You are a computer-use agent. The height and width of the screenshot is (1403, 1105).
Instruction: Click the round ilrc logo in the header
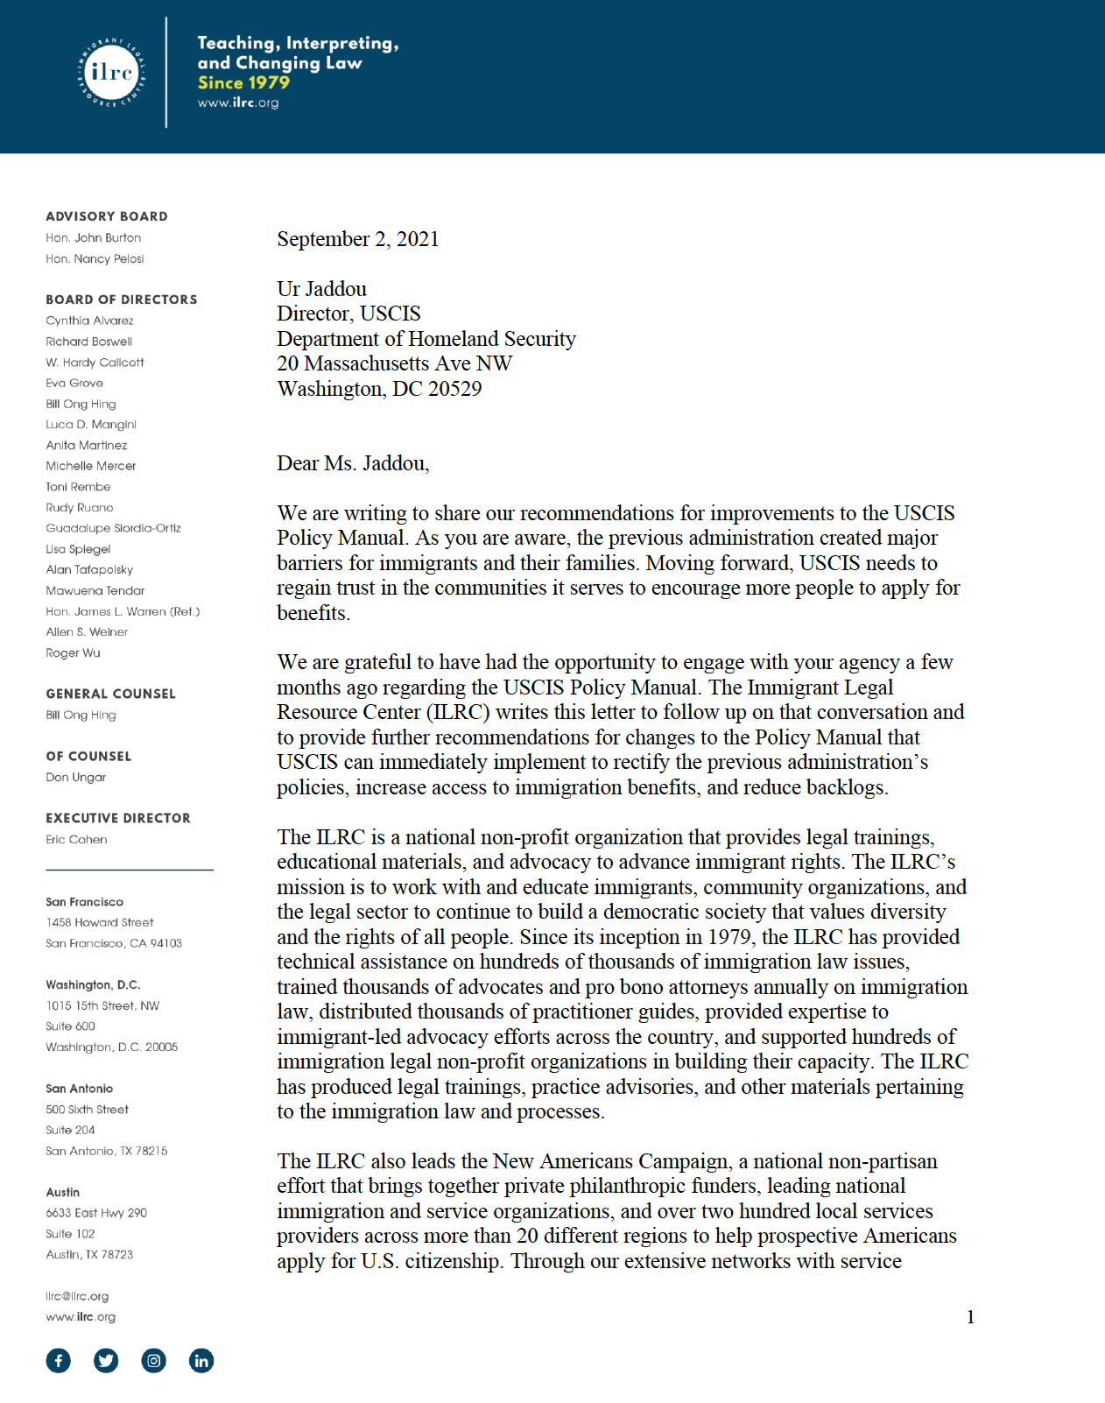pos(111,73)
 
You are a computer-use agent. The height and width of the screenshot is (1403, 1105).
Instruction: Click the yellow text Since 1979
pos(243,82)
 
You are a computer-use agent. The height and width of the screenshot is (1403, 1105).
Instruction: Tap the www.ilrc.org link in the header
pos(237,102)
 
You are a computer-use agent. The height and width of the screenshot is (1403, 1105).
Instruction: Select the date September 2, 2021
pos(357,239)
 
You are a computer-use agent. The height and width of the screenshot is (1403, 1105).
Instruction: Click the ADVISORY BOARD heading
pos(106,216)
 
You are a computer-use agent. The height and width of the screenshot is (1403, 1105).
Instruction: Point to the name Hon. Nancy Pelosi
pos(95,258)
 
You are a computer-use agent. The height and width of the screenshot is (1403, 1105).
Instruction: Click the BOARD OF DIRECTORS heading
pos(121,300)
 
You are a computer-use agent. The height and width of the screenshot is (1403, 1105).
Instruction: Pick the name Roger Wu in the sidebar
pos(73,652)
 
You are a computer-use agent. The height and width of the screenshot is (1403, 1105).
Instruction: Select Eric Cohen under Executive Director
pos(76,839)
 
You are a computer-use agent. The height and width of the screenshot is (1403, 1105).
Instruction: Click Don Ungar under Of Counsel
pos(75,777)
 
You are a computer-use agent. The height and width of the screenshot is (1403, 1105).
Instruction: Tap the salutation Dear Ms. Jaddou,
pos(353,463)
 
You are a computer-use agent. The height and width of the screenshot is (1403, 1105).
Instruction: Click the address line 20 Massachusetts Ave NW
pos(394,363)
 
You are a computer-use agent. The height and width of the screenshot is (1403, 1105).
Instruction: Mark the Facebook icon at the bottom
pos(59,1360)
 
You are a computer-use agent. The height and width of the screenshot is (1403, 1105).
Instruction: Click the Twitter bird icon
pos(106,1360)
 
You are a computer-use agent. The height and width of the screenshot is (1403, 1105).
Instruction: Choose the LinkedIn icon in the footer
pos(201,1360)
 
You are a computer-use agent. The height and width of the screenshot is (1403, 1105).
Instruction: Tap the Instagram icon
pos(154,1360)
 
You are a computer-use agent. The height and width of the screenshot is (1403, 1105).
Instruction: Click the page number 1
pos(970,1317)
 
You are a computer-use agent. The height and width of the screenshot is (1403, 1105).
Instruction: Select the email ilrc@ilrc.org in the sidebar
pos(77,1296)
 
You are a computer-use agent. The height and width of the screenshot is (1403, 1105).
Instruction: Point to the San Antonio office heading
pos(79,1089)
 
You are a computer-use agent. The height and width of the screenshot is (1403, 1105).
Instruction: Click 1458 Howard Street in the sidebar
pos(99,922)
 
